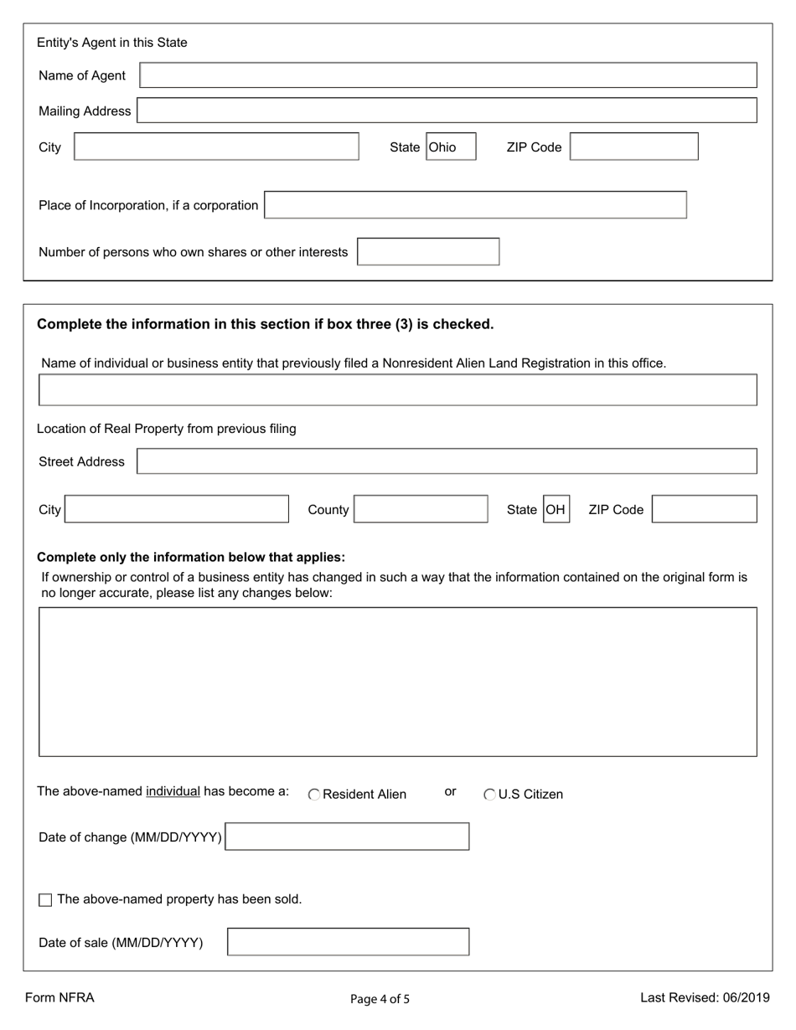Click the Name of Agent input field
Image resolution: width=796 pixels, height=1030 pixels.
pyautogui.click(x=448, y=75)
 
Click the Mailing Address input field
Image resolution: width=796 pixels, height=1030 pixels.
pyautogui.click(x=447, y=111)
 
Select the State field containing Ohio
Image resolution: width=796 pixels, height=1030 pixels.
pyautogui.click(x=451, y=147)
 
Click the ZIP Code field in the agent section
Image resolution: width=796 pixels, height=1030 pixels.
pyautogui.click(x=634, y=147)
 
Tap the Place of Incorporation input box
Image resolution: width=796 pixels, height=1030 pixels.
pyautogui.click(x=475, y=205)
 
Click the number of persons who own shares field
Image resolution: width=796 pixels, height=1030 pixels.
pyautogui.click(x=428, y=252)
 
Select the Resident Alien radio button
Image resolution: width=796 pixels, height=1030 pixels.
pyautogui.click(x=314, y=795)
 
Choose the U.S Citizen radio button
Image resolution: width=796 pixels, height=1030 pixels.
pyautogui.click(x=490, y=795)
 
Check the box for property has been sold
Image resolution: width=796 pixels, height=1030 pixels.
pyautogui.click(x=45, y=900)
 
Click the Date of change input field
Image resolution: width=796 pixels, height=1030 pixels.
pyautogui.click(x=348, y=837)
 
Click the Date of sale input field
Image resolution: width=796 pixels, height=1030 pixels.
pyautogui.click(x=349, y=942)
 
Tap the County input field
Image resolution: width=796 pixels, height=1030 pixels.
pyautogui.click(x=421, y=509)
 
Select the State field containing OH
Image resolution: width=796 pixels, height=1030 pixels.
pyautogui.click(x=556, y=509)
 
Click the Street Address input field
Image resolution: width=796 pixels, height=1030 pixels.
pyautogui.click(x=447, y=461)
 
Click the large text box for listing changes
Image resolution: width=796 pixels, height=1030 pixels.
pyautogui.click(x=398, y=682)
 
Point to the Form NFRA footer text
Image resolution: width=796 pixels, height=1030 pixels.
pyautogui.click(x=59, y=997)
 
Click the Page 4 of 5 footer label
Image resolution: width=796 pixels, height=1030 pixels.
pyautogui.click(x=380, y=999)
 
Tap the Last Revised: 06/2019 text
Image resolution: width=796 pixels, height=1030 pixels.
pyautogui.click(x=705, y=997)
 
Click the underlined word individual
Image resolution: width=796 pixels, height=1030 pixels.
pyautogui.click(x=173, y=791)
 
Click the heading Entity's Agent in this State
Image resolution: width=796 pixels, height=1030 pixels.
pyautogui.click(x=112, y=43)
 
